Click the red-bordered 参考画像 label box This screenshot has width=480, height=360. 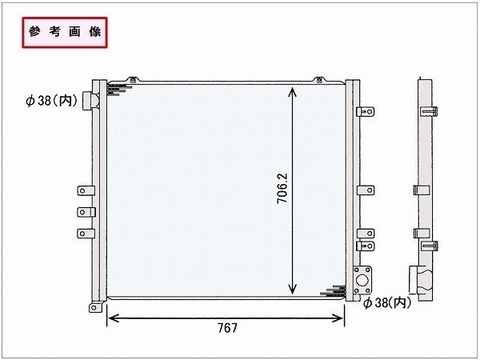pyautogui.click(x=65, y=33)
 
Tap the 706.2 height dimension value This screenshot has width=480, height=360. pyautogui.click(x=282, y=188)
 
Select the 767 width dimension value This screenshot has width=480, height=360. pyautogui.click(x=227, y=328)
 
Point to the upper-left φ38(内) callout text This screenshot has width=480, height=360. pyautogui.click(x=52, y=100)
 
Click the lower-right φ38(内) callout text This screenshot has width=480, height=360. pyautogui.click(x=387, y=302)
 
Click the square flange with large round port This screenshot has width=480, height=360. pyautogui.click(x=362, y=280)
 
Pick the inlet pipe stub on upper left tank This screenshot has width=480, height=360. pyautogui.click(x=90, y=101)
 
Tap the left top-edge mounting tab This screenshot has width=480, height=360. pyautogui.click(x=133, y=79)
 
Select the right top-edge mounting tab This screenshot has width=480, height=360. pyautogui.click(x=319, y=79)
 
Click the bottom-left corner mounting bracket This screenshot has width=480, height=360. pyautogui.click(x=94, y=307)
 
